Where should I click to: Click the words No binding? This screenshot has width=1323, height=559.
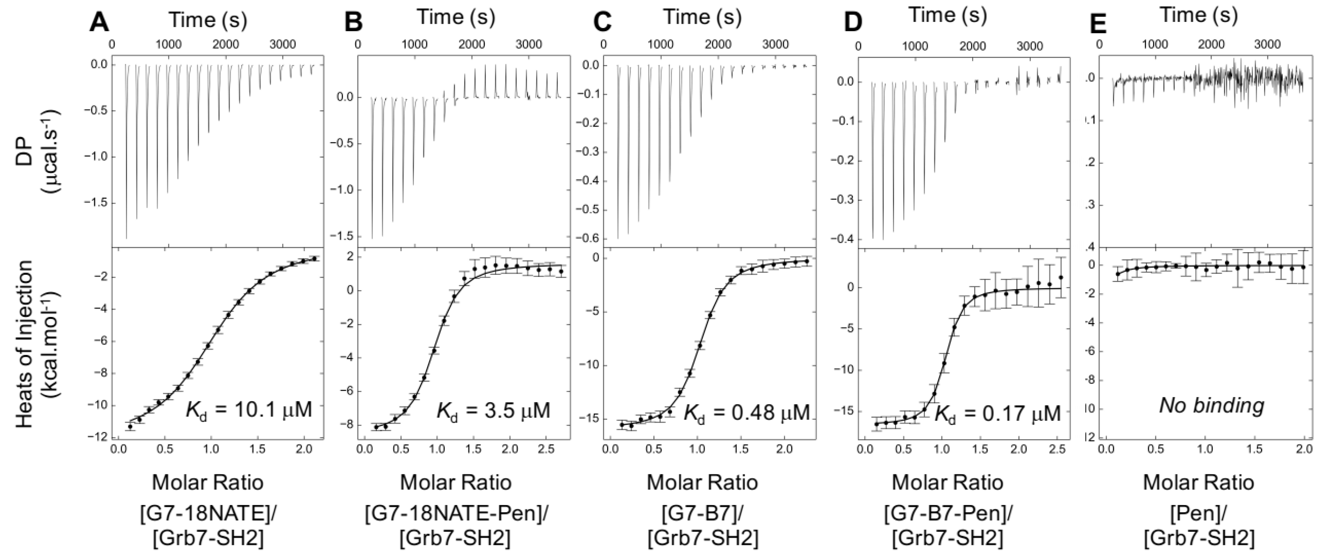coord(1211,405)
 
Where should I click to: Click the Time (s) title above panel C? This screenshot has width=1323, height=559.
coord(702,17)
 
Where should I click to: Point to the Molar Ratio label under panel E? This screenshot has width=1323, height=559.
coord(1198,482)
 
